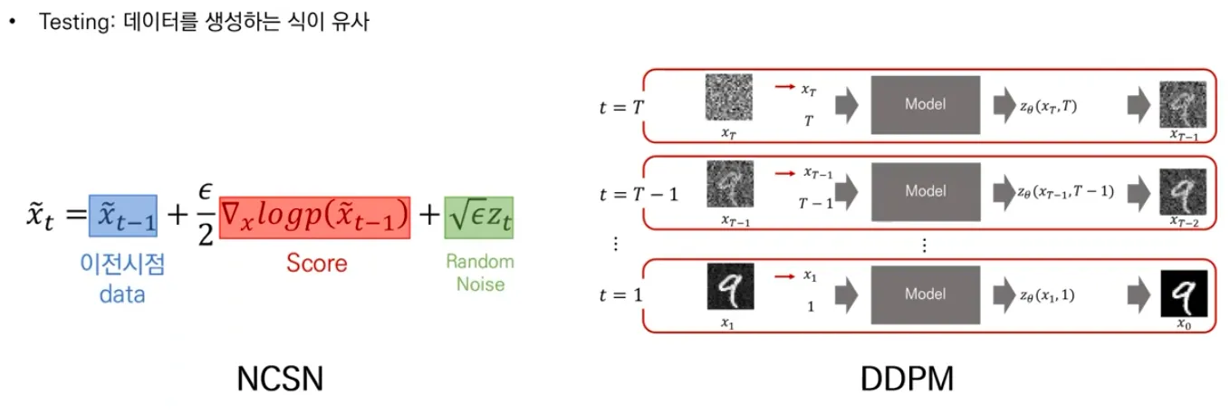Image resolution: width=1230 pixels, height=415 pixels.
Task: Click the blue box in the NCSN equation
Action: [x=122, y=217]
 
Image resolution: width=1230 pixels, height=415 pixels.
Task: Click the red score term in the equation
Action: [x=314, y=217]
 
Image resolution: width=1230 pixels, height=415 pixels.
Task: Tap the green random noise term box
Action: [x=478, y=217]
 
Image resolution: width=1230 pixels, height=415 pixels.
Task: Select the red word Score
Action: [x=316, y=263]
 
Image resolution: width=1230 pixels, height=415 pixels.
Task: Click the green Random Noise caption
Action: [x=479, y=272]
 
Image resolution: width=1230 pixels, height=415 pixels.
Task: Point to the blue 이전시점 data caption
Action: [x=122, y=277]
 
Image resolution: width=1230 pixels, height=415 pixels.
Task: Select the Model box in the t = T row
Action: [x=925, y=105]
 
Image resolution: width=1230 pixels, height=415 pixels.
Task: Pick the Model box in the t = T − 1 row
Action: [x=925, y=192]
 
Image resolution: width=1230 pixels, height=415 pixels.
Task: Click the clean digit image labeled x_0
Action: [x=1184, y=293]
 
